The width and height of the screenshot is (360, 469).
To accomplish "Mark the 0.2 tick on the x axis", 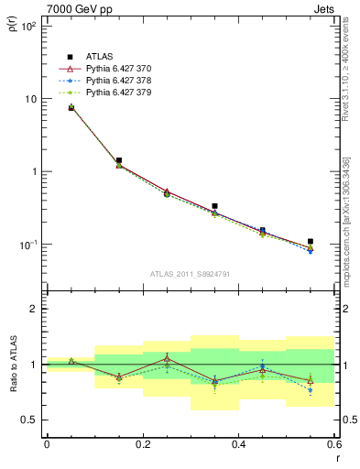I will pos(142,444).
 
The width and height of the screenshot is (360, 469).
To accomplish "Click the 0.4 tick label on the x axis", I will pos(238,444).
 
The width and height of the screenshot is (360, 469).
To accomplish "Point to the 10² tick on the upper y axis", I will pos(29,26).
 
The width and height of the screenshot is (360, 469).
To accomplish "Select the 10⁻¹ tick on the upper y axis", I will pos(29,245).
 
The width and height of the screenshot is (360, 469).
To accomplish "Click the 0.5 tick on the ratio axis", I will pos(29,420).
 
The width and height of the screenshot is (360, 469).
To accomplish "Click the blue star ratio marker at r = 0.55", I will pos(311,390).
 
